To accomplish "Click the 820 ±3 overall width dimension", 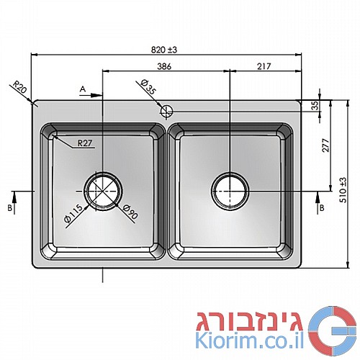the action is pos(164,50).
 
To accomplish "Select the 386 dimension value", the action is pos(164,66).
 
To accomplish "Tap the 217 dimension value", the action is pos(264,66).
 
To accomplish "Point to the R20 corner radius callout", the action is pos(19,87).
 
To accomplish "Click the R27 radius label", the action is pos(85,143).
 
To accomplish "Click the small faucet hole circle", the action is pos(166,111).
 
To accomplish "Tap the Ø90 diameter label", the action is pos(130,212).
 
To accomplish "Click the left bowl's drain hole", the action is pos(104,191).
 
